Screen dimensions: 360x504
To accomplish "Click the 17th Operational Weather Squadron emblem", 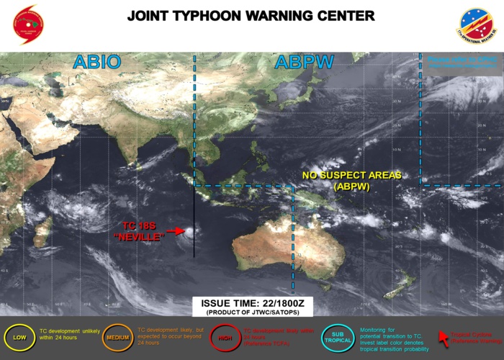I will coord(477,26).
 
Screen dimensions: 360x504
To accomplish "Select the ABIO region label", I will coord(96,63).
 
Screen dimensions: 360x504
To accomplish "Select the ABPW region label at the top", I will coord(304,63).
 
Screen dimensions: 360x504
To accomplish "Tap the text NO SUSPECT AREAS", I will coord(351,175).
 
